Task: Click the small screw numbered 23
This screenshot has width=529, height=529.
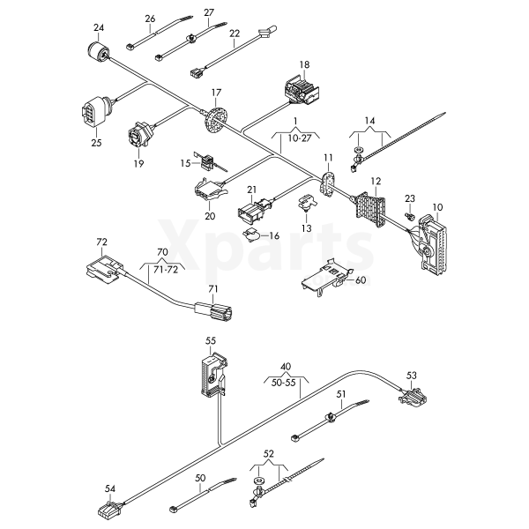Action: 410,215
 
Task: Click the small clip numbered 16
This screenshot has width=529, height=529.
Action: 252,234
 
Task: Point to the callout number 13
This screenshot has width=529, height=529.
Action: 307,227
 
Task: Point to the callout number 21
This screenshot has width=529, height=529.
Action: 251,190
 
